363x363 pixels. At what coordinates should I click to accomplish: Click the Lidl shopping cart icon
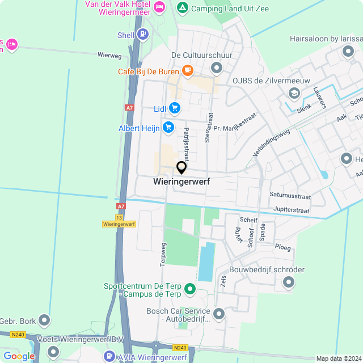[174, 108]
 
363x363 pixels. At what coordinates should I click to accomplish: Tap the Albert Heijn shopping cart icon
[168, 128]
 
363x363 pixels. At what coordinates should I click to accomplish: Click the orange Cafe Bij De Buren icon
[187, 71]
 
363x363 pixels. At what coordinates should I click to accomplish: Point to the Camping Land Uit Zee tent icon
[182, 8]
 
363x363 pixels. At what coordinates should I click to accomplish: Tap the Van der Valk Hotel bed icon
[159, 7]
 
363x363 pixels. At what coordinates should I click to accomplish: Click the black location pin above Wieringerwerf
[181, 168]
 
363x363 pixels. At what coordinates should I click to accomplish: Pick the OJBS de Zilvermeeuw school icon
[294, 93]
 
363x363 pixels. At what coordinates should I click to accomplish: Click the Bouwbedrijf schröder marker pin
[289, 282]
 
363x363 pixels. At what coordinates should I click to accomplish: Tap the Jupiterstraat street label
[291, 210]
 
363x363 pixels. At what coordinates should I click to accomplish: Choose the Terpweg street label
[163, 255]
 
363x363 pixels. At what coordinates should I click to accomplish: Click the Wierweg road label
[109, 56]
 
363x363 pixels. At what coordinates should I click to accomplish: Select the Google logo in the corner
[19, 356]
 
